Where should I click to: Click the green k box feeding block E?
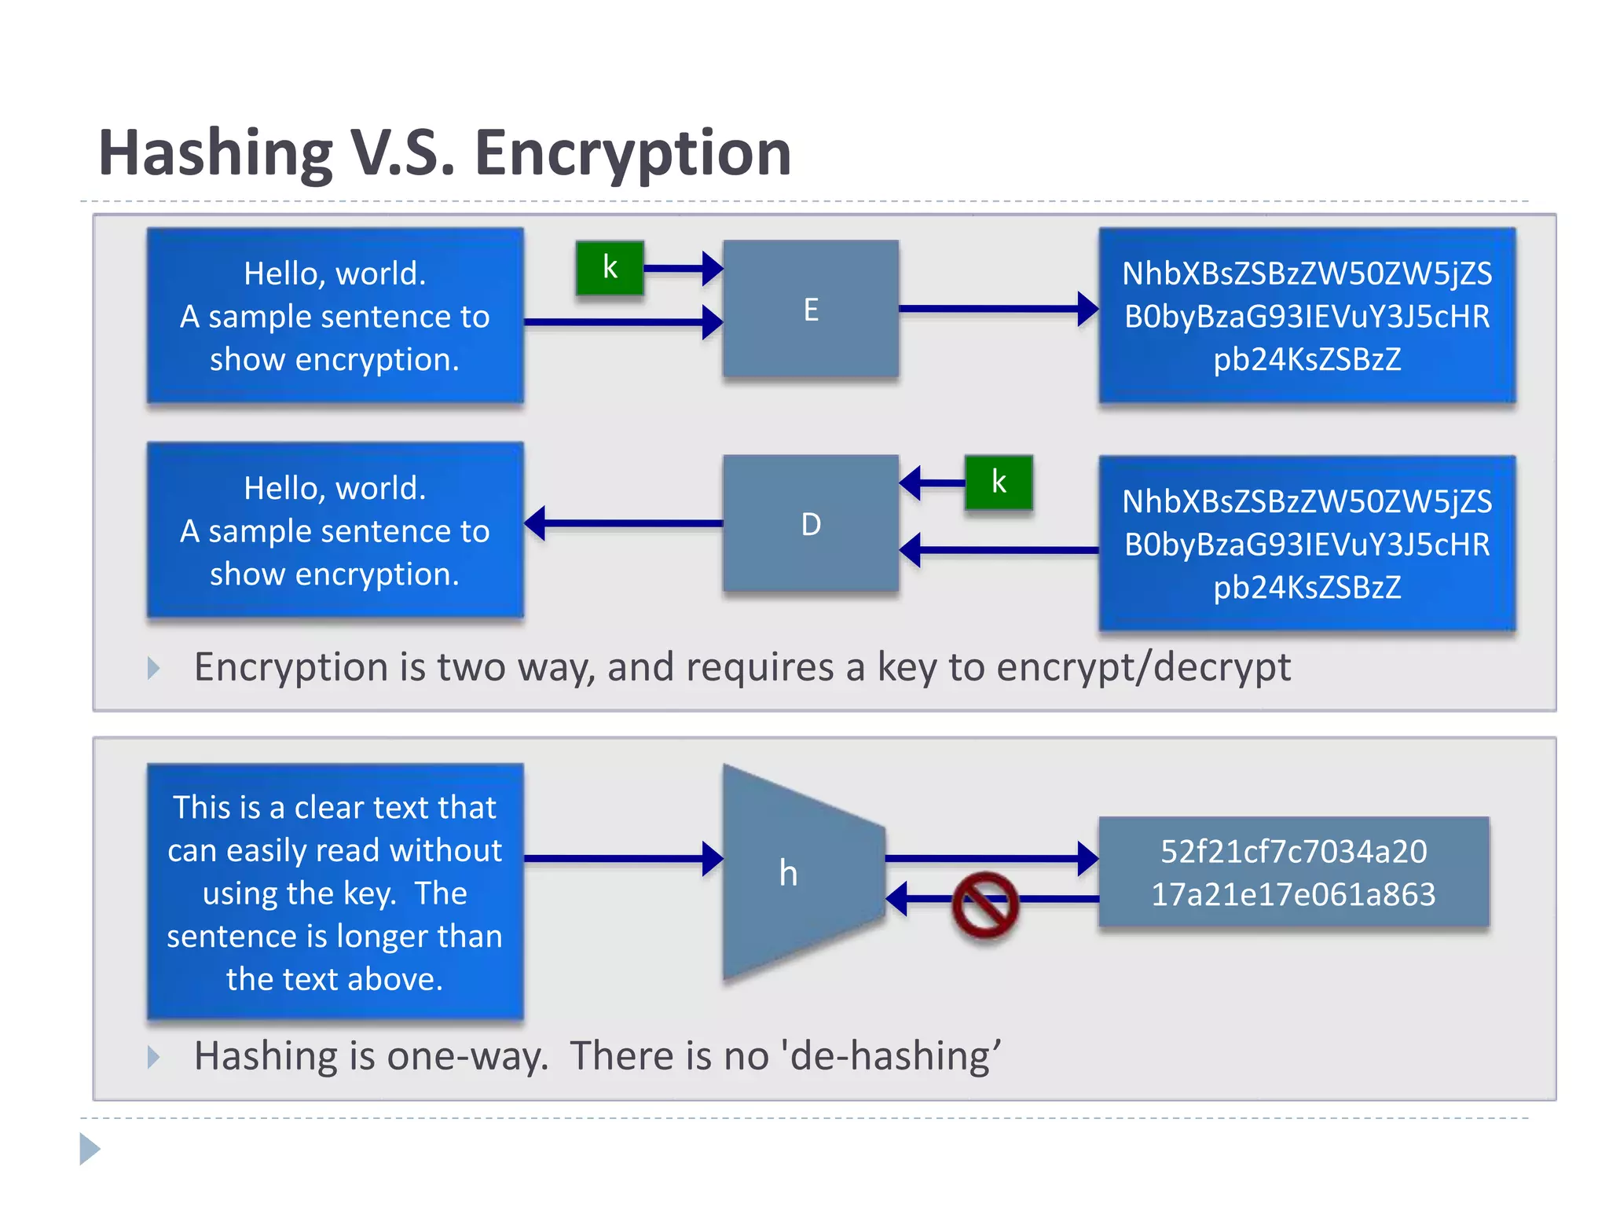click(610, 268)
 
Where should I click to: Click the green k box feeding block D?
click(998, 482)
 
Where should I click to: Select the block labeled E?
click(810, 309)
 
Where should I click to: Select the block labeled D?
click(810, 523)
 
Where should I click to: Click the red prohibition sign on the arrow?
click(984, 905)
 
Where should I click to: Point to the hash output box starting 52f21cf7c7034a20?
click(1293, 872)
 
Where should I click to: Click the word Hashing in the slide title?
click(216, 153)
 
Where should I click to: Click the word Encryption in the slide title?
click(632, 153)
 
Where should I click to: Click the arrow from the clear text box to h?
click(621, 858)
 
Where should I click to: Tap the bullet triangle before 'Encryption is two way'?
click(153, 669)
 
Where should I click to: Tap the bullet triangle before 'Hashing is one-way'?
click(153, 1057)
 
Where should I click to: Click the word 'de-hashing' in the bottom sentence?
click(892, 1055)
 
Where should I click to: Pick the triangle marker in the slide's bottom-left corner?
click(90, 1150)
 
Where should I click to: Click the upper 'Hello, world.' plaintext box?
click(335, 316)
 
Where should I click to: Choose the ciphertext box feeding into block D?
click(1307, 544)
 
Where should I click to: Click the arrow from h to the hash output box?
click(990, 858)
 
